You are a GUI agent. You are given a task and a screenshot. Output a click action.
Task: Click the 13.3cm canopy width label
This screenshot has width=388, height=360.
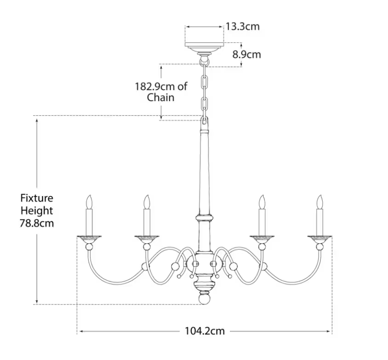(242, 26)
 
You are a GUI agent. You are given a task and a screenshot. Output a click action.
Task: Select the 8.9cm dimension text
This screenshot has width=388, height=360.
(246, 54)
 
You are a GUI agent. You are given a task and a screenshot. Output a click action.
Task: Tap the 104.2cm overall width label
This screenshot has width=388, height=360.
(205, 331)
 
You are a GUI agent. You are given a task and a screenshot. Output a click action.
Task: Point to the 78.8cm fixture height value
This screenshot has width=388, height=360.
(37, 224)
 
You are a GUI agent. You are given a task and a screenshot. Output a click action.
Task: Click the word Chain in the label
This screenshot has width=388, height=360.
(161, 97)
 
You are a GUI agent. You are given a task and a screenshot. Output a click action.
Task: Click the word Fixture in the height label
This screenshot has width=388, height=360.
(37, 198)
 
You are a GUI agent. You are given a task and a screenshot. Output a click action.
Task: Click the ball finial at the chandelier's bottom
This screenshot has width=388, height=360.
(204, 299)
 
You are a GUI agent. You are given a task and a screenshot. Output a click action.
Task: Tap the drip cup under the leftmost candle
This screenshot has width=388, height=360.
(89, 239)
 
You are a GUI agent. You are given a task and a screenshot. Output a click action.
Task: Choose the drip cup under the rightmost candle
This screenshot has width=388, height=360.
(320, 239)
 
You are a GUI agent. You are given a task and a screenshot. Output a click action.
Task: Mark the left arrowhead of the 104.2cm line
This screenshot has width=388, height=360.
(79, 331)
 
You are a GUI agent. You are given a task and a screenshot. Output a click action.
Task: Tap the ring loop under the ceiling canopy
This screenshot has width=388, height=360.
(204, 60)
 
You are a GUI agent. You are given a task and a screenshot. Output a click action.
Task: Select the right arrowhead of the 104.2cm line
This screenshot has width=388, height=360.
(330, 331)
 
